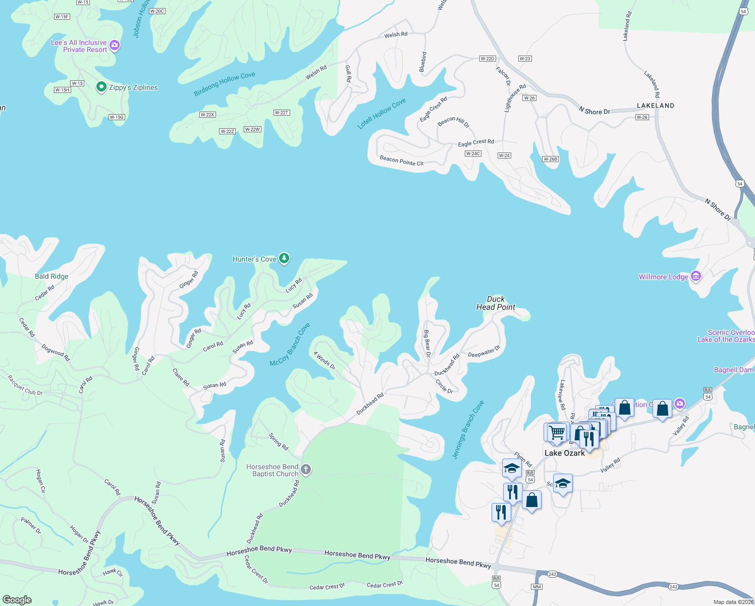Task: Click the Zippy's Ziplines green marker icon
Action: (101, 87)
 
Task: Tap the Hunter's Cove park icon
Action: (284, 259)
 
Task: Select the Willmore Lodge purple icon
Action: (696, 276)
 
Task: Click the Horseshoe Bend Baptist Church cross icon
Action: (306, 470)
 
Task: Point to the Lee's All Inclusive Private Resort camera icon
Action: (115, 46)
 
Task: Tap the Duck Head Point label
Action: (496, 303)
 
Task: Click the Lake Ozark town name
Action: (564, 453)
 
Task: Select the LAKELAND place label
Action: (655, 106)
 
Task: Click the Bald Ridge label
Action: (51, 276)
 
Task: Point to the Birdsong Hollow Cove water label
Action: (225, 84)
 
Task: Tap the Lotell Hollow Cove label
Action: (382, 114)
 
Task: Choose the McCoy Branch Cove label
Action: (290, 344)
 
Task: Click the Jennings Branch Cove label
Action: (468, 429)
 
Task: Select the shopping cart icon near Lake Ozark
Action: (557, 432)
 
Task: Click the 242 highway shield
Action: (552, 574)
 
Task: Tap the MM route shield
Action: (536, 587)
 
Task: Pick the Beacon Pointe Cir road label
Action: (401, 161)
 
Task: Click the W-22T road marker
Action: (281, 113)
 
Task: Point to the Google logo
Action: (17, 600)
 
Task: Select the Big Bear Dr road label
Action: (427, 343)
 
